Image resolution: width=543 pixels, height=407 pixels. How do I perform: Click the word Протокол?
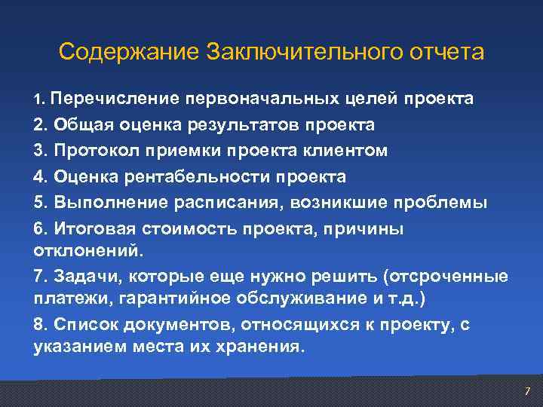tap(86, 151)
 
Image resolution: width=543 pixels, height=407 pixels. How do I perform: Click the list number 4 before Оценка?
tap(39, 177)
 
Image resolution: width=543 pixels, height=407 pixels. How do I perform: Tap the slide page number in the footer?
tap(527, 390)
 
